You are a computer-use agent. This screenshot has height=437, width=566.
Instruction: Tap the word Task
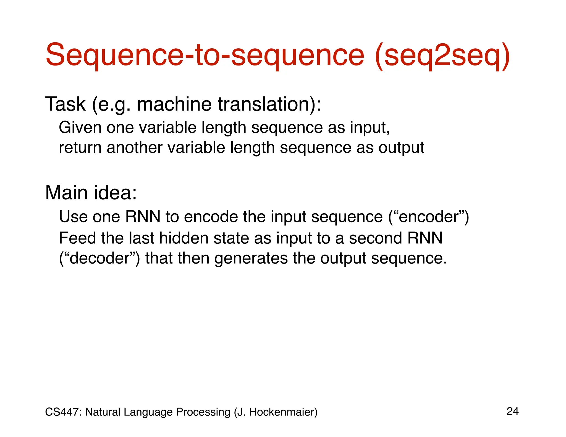point(65,104)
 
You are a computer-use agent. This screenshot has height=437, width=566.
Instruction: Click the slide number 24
point(513,411)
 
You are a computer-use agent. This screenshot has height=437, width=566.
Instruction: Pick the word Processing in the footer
point(203,412)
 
